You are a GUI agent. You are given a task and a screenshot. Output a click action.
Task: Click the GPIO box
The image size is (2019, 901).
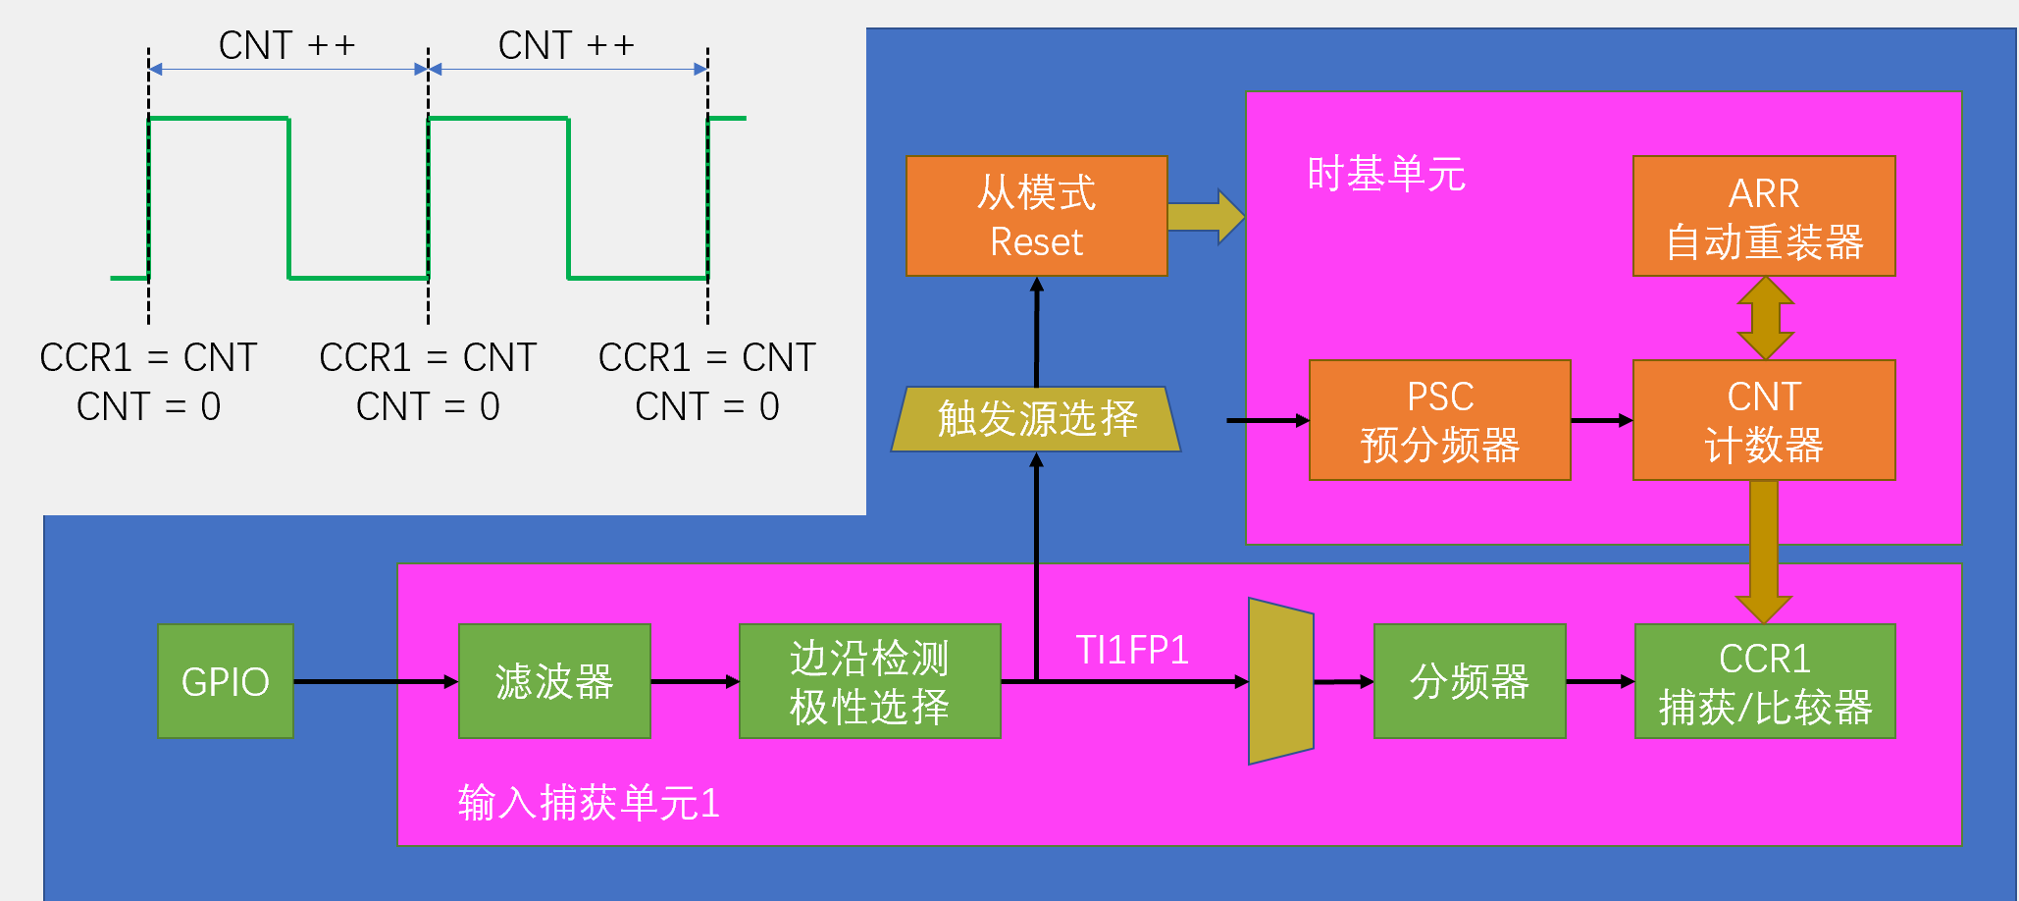pyautogui.click(x=226, y=681)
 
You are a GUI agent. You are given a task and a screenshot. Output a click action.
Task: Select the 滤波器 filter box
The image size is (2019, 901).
pyautogui.click(x=554, y=681)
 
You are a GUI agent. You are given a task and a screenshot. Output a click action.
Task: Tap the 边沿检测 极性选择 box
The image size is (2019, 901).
pyautogui.click(x=870, y=681)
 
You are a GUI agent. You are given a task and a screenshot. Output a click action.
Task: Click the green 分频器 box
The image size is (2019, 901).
pyautogui.click(x=1470, y=681)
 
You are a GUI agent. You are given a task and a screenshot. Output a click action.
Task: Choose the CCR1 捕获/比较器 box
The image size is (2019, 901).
pyautogui.click(x=1765, y=681)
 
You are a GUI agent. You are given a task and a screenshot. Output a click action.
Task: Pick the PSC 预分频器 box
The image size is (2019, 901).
pyautogui.click(x=1440, y=420)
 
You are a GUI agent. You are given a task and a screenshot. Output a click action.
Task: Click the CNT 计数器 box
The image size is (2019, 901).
pyautogui.click(x=1764, y=420)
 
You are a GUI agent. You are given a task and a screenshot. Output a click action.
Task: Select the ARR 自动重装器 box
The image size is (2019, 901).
pyautogui.click(x=1764, y=216)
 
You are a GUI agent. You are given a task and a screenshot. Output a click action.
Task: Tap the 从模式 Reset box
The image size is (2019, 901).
pyautogui.click(x=1037, y=216)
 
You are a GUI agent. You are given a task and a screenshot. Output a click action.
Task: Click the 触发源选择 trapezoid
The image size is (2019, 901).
pyautogui.click(x=1036, y=419)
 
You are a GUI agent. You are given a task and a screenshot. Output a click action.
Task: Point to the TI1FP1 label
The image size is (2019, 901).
pyautogui.click(x=1132, y=650)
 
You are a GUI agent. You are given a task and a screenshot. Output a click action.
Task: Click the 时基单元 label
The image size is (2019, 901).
pyautogui.click(x=1386, y=174)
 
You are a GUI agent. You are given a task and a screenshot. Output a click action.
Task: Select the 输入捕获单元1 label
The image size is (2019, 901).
pyautogui.click(x=589, y=803)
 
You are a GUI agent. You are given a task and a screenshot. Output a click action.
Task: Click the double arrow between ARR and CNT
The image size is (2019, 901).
pyautogui.click(x=1766, y=318)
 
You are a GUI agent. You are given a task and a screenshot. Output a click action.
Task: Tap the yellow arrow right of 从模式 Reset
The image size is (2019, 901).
pyautogui.click(x=1206, y=217)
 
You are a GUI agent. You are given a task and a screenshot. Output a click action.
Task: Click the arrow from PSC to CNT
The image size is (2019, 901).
pyautogui.click(x=1602, y=420)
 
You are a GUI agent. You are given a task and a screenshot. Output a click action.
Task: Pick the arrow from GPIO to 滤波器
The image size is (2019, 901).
pyautogui.click(x=376, y=681)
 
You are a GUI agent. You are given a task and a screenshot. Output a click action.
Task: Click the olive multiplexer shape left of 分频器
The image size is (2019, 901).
pyautogui.click(x=1281, y=681)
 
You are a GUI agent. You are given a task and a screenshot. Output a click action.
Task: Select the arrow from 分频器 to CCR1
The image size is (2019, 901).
pyautogui.click(x=1600, y=681)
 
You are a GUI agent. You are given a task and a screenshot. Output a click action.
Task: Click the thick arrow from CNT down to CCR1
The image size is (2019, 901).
pyautogui.click(x=1764, y=552)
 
